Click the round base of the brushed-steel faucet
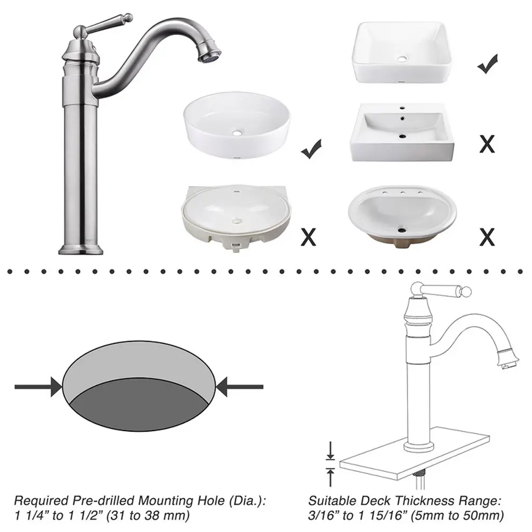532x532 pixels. (x=81, y=249)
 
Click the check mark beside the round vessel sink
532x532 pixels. (x=311, y=149)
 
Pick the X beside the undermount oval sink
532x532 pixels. (x=309, y=236)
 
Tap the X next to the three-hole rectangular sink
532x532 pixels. (x=487, y=144)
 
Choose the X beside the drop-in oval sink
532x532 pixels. (x=487, y=236)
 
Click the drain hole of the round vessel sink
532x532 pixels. (x=237, y=132)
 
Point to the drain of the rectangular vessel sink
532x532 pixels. (x=402, y=59)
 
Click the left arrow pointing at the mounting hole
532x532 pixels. (x=38, y=387)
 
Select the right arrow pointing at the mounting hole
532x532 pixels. (x=239, y=387)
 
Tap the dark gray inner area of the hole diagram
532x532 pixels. (x=139, y=405)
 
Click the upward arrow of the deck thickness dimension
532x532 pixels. (x=330, y=477)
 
